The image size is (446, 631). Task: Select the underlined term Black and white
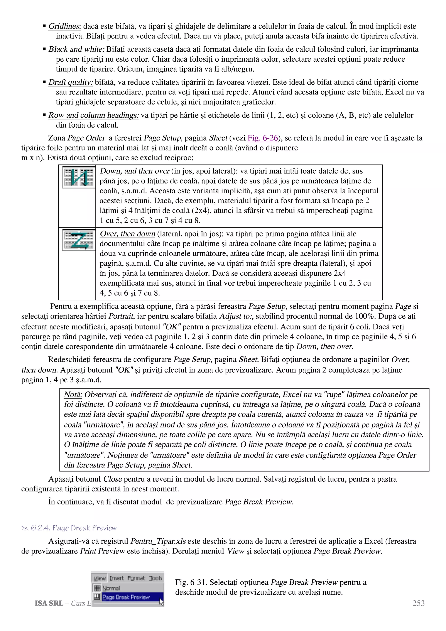pyautogui.click(x=76, y=49)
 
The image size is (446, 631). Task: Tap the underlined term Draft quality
pyautogui.click(x=71, y=83)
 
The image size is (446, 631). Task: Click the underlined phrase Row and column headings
pyautogui.click(x=93, y=115)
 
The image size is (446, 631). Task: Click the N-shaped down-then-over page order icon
pyautogui.click(x=79, y=177)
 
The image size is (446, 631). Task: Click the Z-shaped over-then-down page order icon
pyautogui.click(x=79, y=240)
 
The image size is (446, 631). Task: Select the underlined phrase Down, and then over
pyautogui.click(x=134, y=171)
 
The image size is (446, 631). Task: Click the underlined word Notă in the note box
pyautogui.click(x=73, y=395)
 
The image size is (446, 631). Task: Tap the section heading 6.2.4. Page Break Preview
pyautogui.click(x=73, y=528)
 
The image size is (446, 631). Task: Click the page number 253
pyautogui.click(x=418, y=603)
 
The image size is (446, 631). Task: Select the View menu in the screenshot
pyautogui.click(x=100, y=578)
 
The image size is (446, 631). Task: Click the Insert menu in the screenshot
pyautogui.click(x=117, y=578)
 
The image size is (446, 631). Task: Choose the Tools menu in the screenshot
pyautogui.click(x=155, y=578)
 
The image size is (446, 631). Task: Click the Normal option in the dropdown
pyautogui.click(x=111, y=588)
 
